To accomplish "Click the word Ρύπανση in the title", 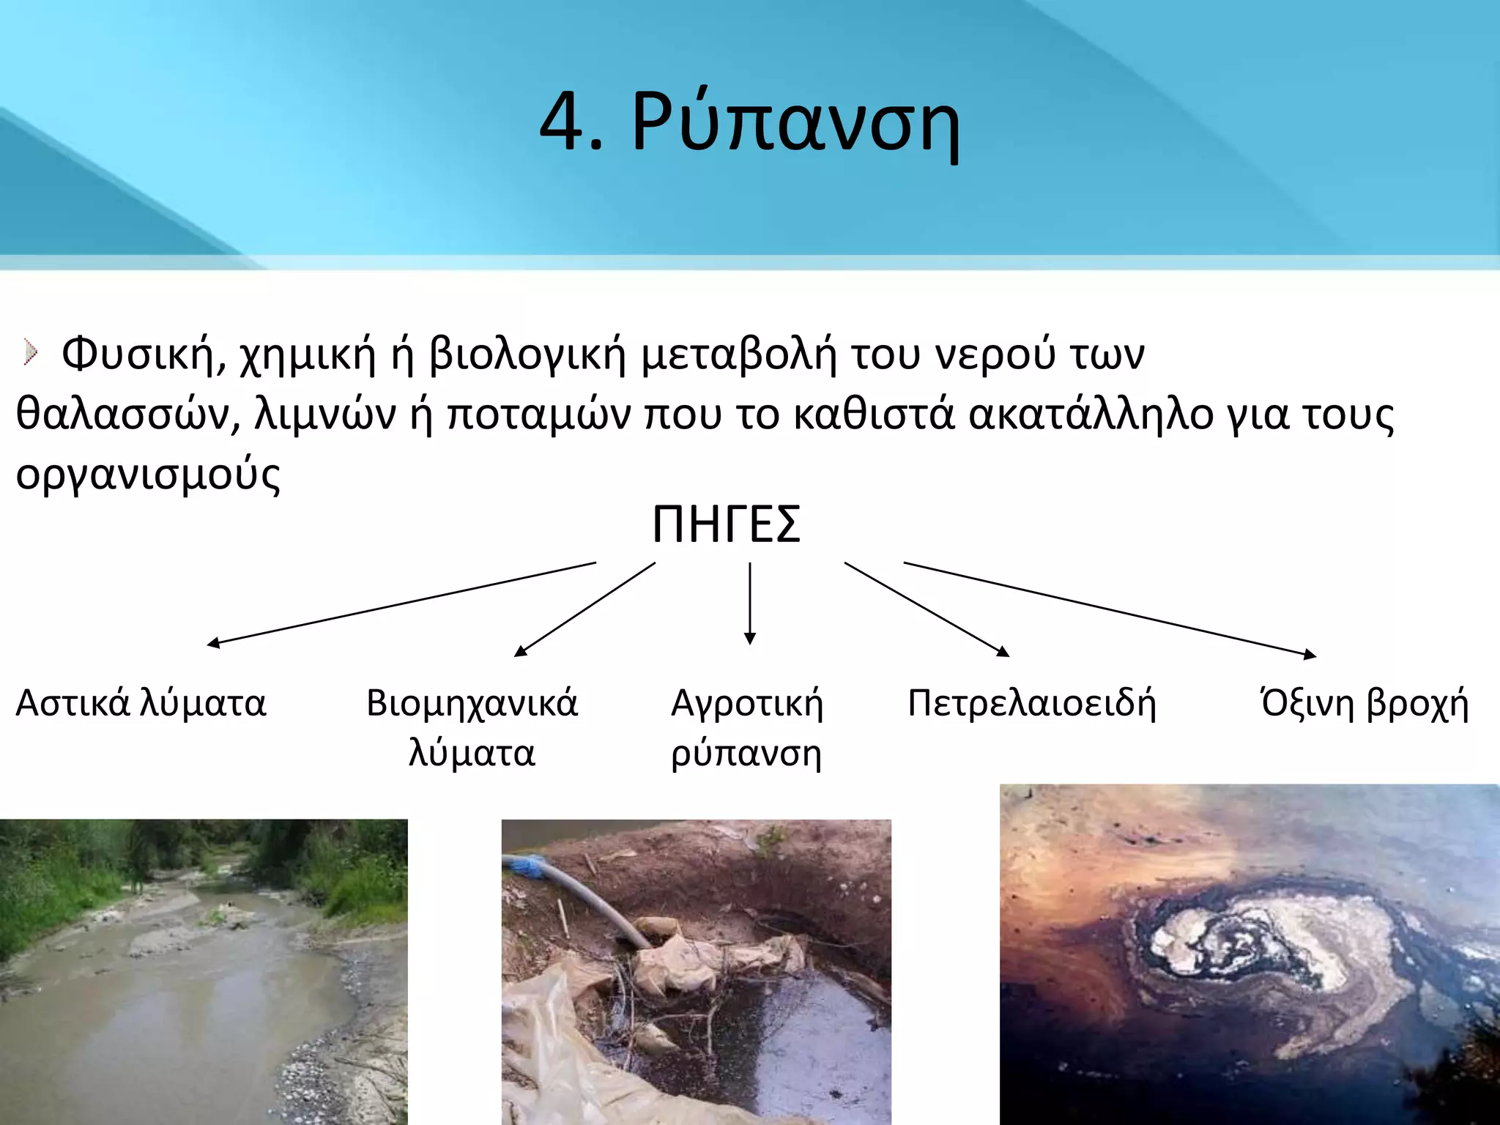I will tap(795, 122).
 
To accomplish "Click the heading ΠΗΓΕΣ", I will tap(727, 524).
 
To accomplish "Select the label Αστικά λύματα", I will tap(141, 703).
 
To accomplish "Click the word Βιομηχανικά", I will tap(472, 703).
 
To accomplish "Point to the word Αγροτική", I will tap(747, 703).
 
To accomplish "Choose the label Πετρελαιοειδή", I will tap(1031, 703).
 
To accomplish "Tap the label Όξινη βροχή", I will tap(1364, 703).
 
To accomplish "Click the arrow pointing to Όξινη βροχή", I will tap(1110, 609).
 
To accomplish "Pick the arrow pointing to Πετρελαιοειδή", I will tap(927, 609).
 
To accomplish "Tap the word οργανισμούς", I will tap(148, 475).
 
